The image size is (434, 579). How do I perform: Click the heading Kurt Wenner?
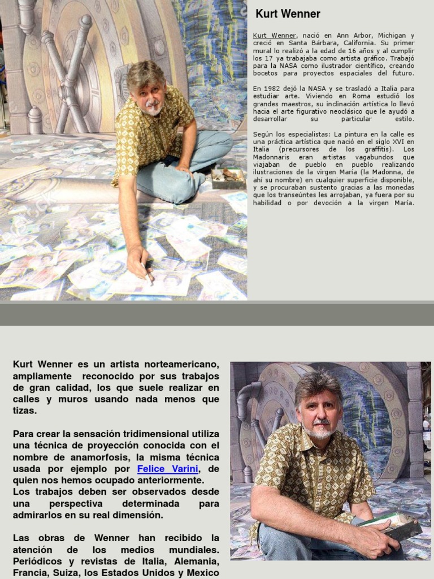pos(288,14)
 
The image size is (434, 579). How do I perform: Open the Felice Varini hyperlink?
pos(167,469)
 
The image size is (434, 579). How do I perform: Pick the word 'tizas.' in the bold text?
pos(24,411)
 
